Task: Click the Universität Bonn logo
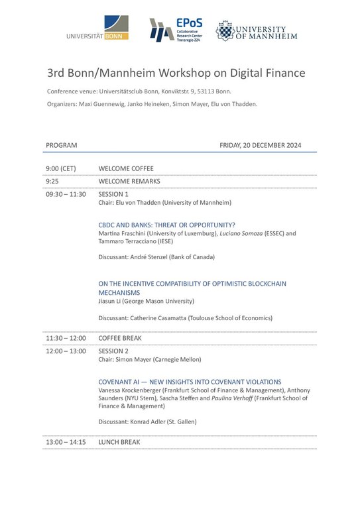[x=98, y=30]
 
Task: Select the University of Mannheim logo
[x=256, y=30]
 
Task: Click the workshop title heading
[x=176, y=72]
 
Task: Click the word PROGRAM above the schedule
[x=62, y=145]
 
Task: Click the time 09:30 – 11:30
[x=66, y=194]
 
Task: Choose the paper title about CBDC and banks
[x=166, y=225]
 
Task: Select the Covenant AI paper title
[x=190, y=382]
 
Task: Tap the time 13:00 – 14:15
[x=66, y=442]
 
